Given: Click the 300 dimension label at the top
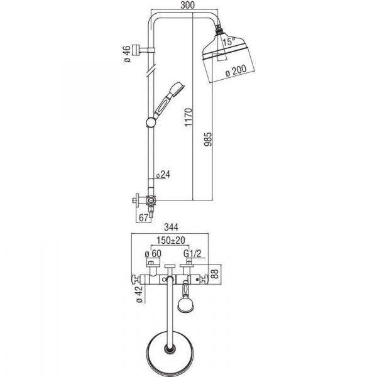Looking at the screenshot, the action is (x=187, y=5).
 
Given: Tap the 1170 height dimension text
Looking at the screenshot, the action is (x=189, y=117).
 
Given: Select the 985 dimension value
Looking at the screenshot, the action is (x=208, y=139).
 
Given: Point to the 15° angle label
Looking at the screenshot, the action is (x=227, y=41).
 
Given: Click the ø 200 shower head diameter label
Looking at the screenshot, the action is (x=236, y=70).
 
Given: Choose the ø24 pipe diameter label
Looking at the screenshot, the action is (x=163, y=175).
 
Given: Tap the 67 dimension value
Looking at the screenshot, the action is (x=143, y=218).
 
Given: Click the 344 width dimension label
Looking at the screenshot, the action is (x=171, y=227).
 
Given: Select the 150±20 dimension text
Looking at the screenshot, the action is (x=171, y=240).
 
